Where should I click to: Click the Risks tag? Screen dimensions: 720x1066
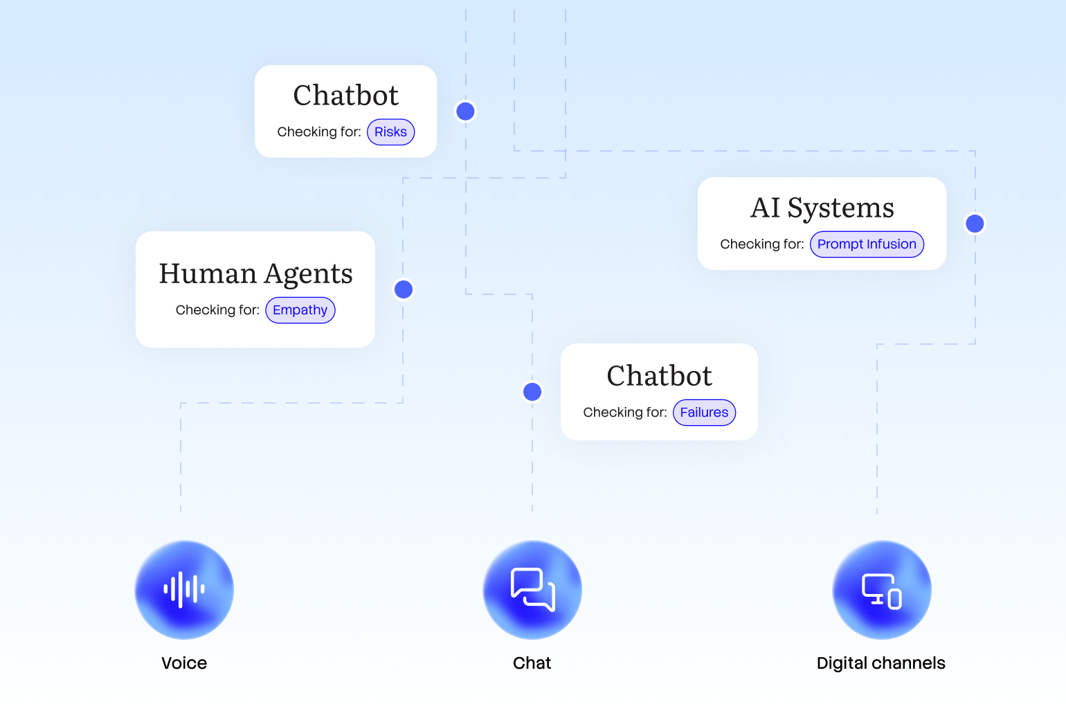click(x=390, y=132)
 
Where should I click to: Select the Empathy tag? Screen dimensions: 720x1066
click(x=300, y=310)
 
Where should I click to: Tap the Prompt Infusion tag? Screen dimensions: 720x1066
click(x=867, y=244)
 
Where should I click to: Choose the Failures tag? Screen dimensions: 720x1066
click(x=704, y=413)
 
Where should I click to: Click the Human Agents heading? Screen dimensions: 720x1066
click(x=255, y=274)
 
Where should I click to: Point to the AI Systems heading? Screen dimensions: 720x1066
click(x=822, y=208)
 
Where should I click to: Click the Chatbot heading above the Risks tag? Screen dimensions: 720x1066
click(x=345, y=96)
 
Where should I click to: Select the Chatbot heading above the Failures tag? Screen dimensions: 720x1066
click(x=659, y=376)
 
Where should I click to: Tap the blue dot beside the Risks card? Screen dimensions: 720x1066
click(x=466, y=111)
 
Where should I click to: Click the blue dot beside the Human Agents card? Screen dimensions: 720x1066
click(x=404, y=289)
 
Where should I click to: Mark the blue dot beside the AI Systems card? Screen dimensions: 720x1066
click(x=975, y=224)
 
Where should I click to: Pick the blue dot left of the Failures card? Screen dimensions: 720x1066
click(x=532, y=392)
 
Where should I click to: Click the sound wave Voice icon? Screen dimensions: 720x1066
click(x=184, y=590)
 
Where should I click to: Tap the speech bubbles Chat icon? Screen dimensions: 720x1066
click(x=532, y=590)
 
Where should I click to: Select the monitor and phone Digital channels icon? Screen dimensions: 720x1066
click(x=881, y=590)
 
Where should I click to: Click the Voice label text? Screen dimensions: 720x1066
click(x=184, y=663)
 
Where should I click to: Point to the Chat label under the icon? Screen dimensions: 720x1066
click(x=532, y=663)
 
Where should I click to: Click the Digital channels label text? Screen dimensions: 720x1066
click(x=880, y=663)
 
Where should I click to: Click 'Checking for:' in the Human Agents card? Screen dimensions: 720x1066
click(x=217, y=310)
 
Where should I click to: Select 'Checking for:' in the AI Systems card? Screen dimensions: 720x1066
click(x=761, y=244)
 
